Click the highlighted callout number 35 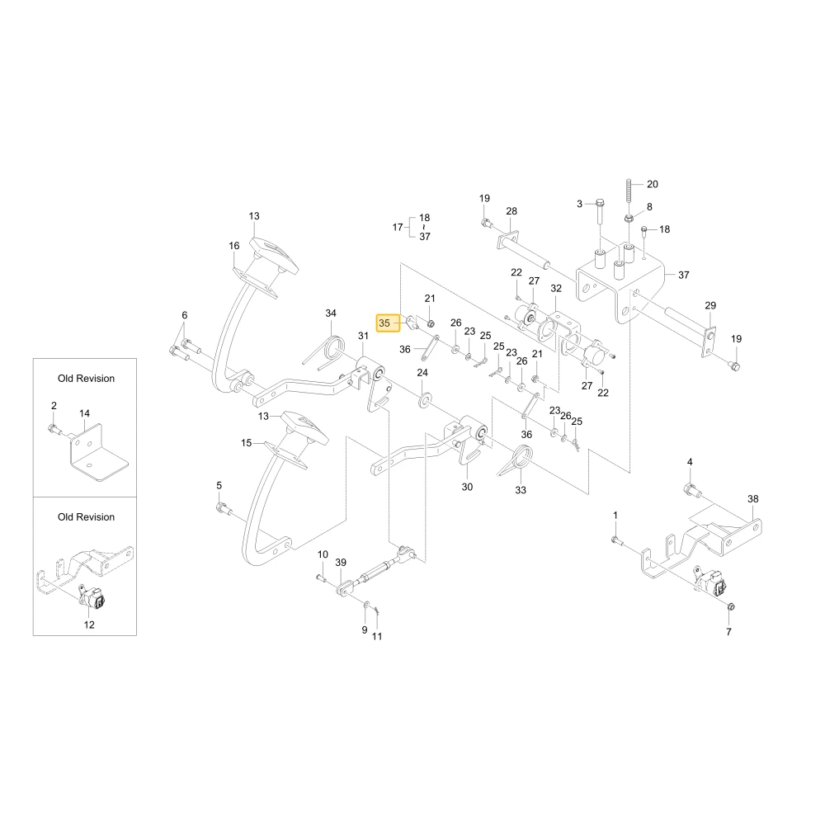[384, 323]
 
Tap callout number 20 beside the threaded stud [653, 184]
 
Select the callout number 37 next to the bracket [683, 275]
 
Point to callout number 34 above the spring [331, 313]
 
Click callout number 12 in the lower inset [89, 625]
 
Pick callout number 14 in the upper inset [85, 413]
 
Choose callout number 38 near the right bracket [753, 499]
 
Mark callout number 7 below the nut [728, 632]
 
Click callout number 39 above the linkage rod [341, 563]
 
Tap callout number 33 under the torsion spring [521, 490]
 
